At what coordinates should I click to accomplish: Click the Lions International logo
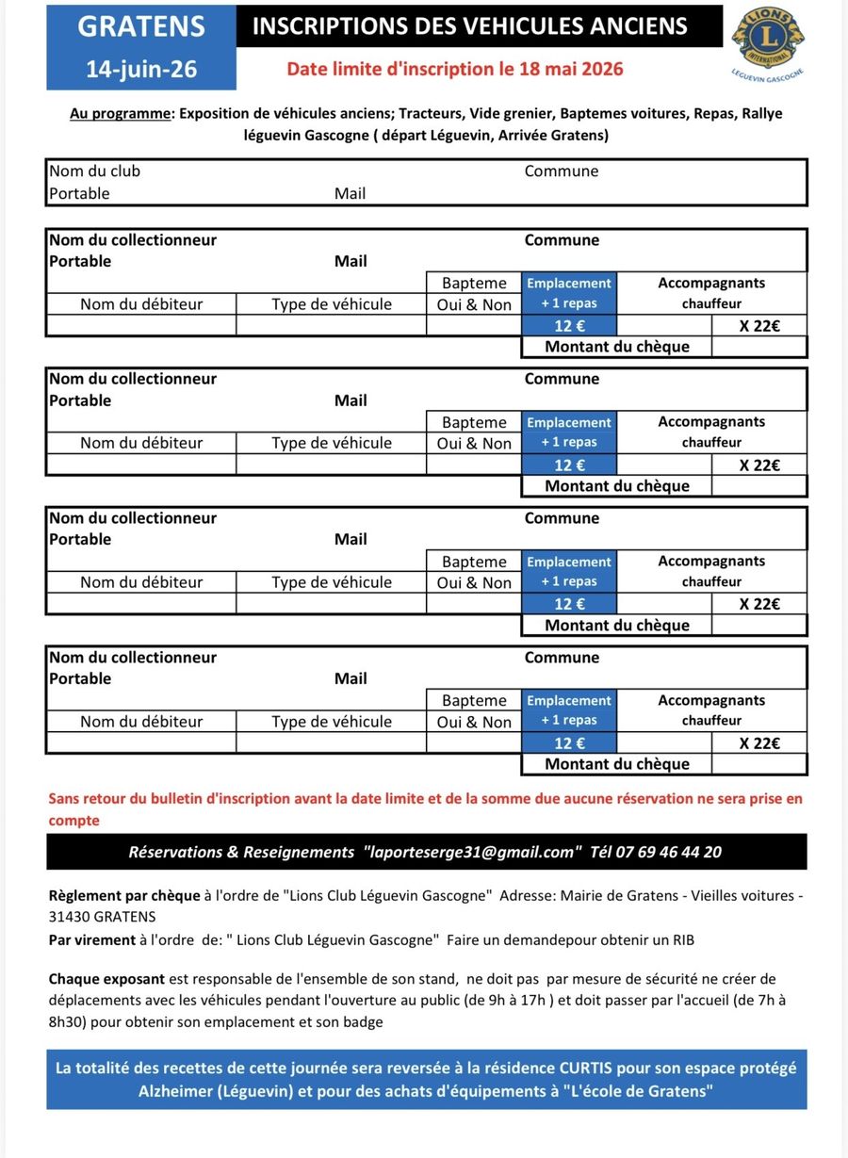click(768, 41)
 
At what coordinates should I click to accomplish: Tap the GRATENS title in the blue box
click(141, 26)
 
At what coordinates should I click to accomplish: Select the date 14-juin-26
click(141, 69)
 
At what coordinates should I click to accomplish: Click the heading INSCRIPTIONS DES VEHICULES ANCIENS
click(470, 26)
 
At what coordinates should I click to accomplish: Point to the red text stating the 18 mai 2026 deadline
click(455, 69)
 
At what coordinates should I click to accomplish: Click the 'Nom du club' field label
click(94, 171)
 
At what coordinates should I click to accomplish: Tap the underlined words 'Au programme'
click(121, 113)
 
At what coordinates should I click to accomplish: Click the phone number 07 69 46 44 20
click(669, 852)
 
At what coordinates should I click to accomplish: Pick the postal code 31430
click(69, 916)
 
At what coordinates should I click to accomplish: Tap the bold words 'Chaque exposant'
click(106, 979)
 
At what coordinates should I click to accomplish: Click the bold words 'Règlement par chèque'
click(124, 895)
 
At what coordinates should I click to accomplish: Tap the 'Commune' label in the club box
click(562, 171)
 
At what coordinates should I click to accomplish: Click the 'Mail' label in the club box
click(351, 193)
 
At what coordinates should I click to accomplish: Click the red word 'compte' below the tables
click(74, 820)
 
